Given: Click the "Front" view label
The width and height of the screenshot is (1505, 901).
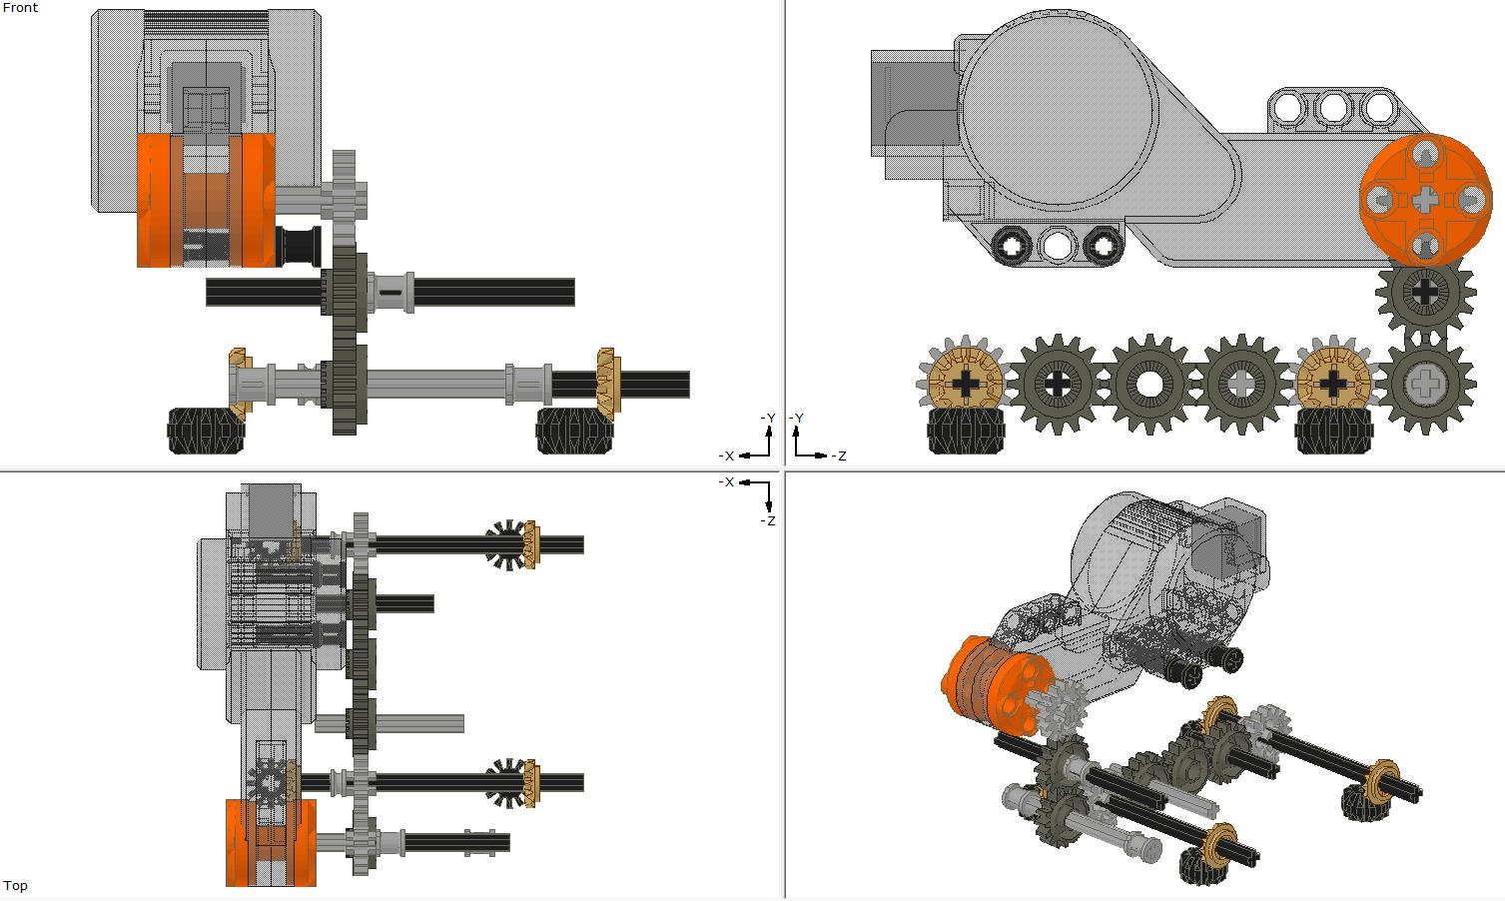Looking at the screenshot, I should pyautogui.click(x=20, y=8).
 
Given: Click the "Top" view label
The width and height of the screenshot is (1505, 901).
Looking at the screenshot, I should pyautogui.click(x=15, y=886).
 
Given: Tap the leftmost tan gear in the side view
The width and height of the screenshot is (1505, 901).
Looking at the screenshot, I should pyautogui.click(x=967, y=384).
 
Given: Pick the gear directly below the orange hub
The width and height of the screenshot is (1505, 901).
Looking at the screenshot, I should pyautogui.click(x=1425, y=293).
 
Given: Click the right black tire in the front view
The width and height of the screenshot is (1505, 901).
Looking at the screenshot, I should pyautogui.click(x=573, y=432).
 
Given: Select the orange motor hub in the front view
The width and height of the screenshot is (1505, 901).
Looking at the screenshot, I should pyautogui.click(x=206, y=200).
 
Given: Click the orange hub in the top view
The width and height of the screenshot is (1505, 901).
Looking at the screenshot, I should pyautogui.click(x=270, y=842).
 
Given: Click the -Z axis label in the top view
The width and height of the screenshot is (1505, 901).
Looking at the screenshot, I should pyautogui.click(x=767, y=521).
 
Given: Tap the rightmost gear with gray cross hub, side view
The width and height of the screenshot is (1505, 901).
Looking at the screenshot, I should pyautogui.click(x=1425, y=384).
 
